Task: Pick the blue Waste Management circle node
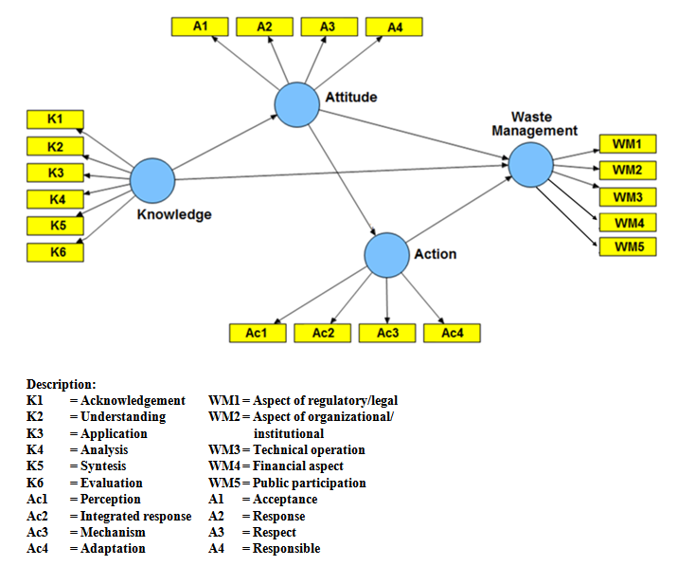point(530,166)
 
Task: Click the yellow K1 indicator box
point(54,119)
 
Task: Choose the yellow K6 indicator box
point(54,252)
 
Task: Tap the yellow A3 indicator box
point(327,27)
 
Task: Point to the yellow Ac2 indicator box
point(322,334)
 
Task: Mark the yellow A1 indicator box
point(199,27)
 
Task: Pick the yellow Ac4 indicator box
point(451,334)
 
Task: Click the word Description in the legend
point(61,384)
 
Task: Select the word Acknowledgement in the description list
point(133,401)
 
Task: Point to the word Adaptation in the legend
point(113,548)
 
